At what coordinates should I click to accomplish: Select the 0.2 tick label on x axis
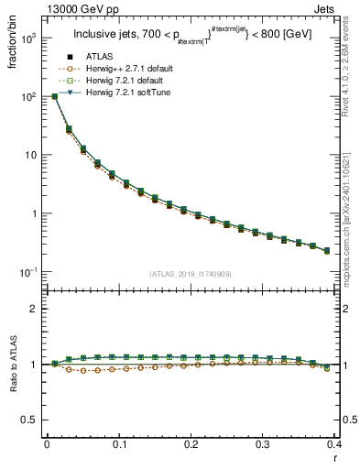191,443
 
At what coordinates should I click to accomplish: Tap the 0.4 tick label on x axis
334,443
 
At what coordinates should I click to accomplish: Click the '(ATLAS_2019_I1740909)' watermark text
190,275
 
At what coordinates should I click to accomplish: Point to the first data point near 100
54,96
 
